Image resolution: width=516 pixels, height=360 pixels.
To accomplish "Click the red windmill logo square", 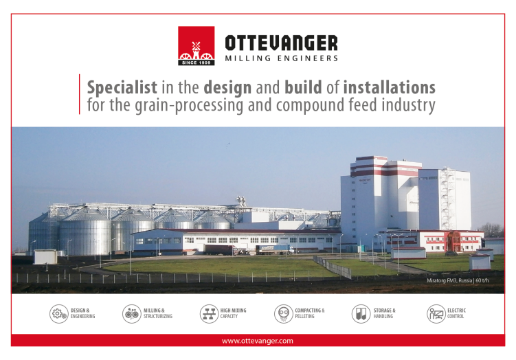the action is pos(196,46).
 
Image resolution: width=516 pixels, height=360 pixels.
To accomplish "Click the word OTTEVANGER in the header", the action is pos(282,43).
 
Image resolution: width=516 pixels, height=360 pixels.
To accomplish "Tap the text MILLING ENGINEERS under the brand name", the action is pos(282,58).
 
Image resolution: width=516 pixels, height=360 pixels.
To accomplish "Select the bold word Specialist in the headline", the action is pos(122,88).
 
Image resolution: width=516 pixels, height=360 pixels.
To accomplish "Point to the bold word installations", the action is pos(390,87).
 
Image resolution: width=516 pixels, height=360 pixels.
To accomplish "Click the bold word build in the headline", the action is pos(303,87).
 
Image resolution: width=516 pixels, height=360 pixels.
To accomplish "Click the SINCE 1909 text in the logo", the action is pos(196,63).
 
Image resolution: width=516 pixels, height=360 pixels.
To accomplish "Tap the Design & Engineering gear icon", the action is pos(59,313).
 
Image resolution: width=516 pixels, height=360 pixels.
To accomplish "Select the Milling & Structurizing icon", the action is pos(132,313).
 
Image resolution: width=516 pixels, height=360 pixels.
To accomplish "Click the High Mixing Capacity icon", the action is pos(209,313).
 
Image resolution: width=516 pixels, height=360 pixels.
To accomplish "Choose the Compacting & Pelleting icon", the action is pos(283,313).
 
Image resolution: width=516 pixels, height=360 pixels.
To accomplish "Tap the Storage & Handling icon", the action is pos(361,313).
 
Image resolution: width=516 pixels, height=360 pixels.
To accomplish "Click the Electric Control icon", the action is pos(436,313).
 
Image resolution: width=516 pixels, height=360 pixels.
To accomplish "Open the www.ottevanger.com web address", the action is pos(258,341).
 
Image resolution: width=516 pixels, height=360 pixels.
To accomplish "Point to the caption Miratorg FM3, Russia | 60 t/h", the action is pos(458,280).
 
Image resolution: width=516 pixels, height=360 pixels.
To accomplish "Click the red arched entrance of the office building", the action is pos(453,242).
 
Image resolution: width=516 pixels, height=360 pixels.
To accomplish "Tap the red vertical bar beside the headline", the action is pos(79,94).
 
